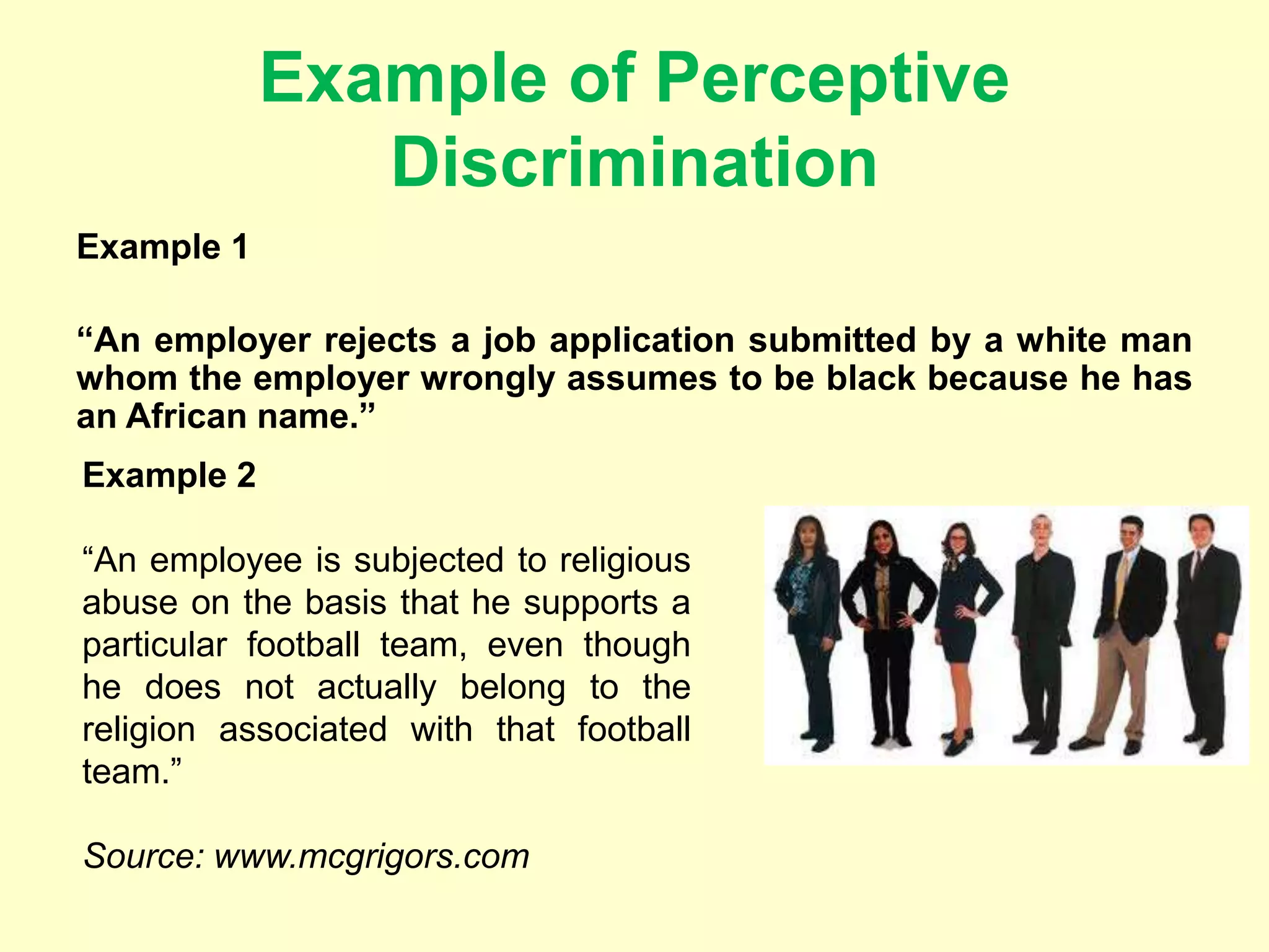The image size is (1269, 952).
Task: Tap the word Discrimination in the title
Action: [x=634, y=163]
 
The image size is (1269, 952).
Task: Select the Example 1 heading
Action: [x=162, y=247]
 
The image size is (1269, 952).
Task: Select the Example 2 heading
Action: [x=169, y=475]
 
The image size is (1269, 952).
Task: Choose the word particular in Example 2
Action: [x=154, y=645]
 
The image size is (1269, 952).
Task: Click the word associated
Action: [x=303, y=729]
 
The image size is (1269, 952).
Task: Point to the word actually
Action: [x=377, y=687]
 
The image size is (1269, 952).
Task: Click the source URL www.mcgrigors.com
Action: [x=372, y=856]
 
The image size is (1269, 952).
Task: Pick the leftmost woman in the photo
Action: [x=807, y=626]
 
